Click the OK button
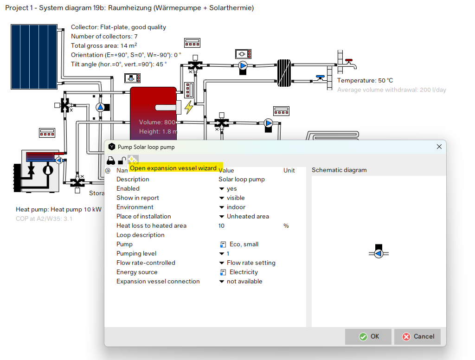coord(369,337)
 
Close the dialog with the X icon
coord(439,147)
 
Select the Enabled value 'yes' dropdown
coord(228,189)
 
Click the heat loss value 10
coord(221,226)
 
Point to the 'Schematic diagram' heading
coord(339,170)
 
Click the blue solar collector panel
coord(34,57)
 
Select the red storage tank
coord(153,111)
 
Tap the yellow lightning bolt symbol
coord(189,107)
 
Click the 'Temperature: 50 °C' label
coord(365,81)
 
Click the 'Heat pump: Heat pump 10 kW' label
coord(58,210)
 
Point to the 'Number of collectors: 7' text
coord(104,37)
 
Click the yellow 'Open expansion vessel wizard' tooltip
coord(176,168)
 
